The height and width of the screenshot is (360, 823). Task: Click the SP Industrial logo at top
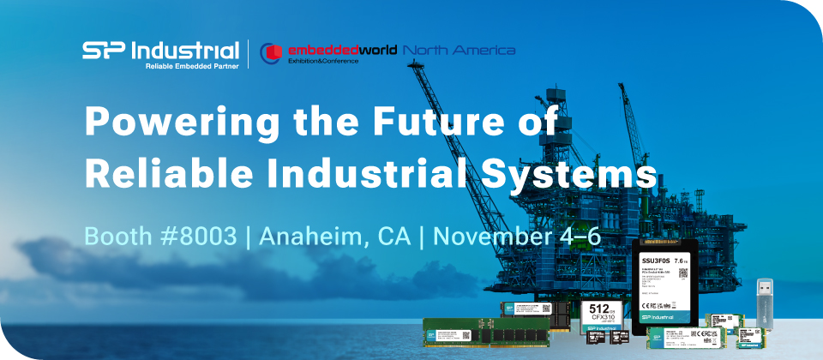(160, 50)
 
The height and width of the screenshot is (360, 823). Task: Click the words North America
(459, 50)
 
